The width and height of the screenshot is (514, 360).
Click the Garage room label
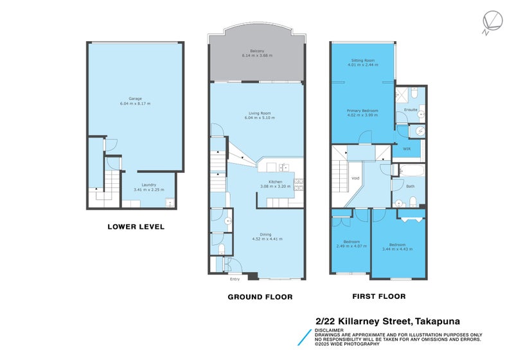pos(135,101)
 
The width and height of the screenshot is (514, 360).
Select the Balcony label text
pos(257,53)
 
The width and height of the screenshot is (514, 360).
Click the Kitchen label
pos(276,183)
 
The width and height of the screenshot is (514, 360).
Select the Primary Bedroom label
pos(362,112)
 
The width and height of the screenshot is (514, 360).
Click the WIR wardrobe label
pos(406,148)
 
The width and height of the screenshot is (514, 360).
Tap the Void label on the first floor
pos(355,178)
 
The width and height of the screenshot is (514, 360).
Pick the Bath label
pos(411,186)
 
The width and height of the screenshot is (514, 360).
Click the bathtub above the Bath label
pos(409,170)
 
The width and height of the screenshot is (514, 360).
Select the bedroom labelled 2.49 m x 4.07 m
pos(351,244)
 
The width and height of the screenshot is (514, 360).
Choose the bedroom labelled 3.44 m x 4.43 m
pos(396,246)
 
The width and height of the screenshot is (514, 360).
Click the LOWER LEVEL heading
pos(136,226)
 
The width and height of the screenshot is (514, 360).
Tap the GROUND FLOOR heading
pos(260,297)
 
